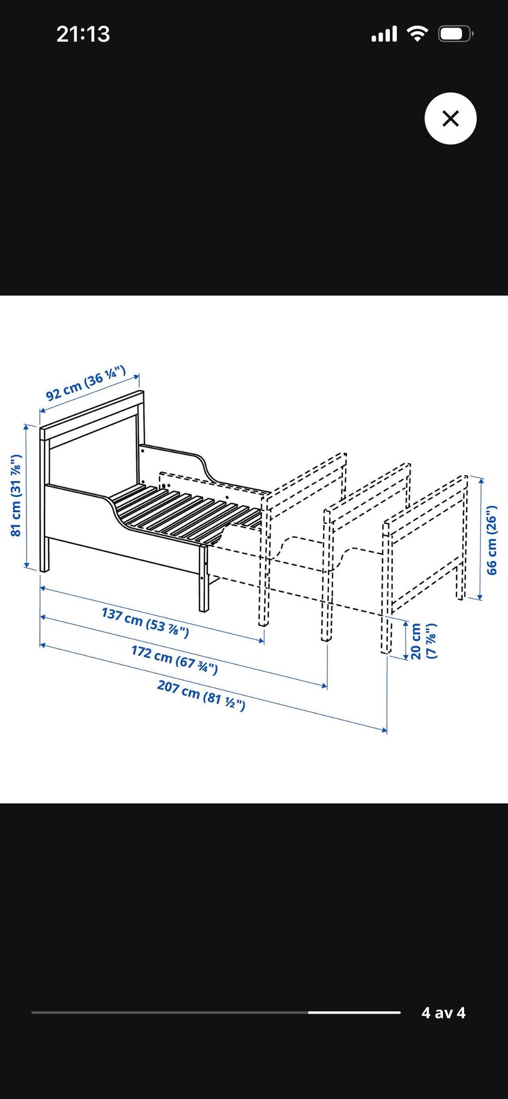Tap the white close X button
450,118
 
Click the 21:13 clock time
83,34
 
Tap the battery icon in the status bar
456,34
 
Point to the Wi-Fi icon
418,34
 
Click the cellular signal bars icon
384,35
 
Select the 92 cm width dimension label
86,383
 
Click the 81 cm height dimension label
16,495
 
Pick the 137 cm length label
145,622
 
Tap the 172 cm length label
175,660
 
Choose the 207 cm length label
201,695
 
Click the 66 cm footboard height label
492,540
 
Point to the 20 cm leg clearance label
423,640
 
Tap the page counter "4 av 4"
443,1012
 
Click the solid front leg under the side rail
204,579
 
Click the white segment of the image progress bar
354,1012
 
